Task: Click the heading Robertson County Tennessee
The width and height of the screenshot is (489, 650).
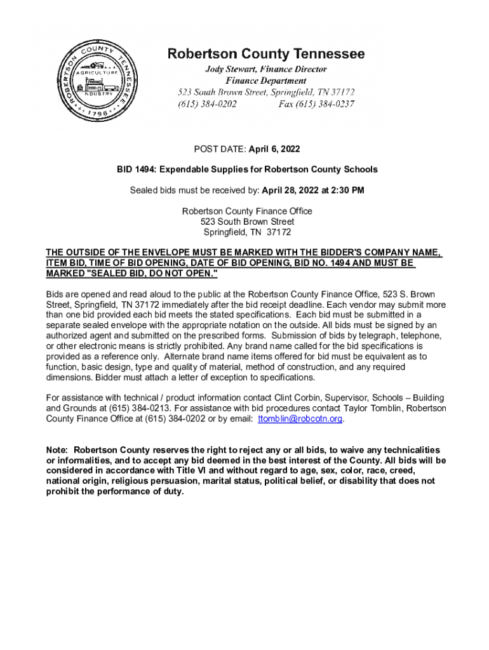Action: (x=266, y=54)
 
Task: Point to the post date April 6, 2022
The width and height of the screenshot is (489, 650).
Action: (x=273, y=149)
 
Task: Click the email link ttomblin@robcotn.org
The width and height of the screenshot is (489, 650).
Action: (x=300, y=419)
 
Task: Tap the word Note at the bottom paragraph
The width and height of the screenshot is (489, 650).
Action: (x=57, y=449)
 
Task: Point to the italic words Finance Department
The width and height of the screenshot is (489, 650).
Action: (x=266, y=81)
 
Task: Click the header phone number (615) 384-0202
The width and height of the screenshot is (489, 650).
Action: (x=207, y=104)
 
